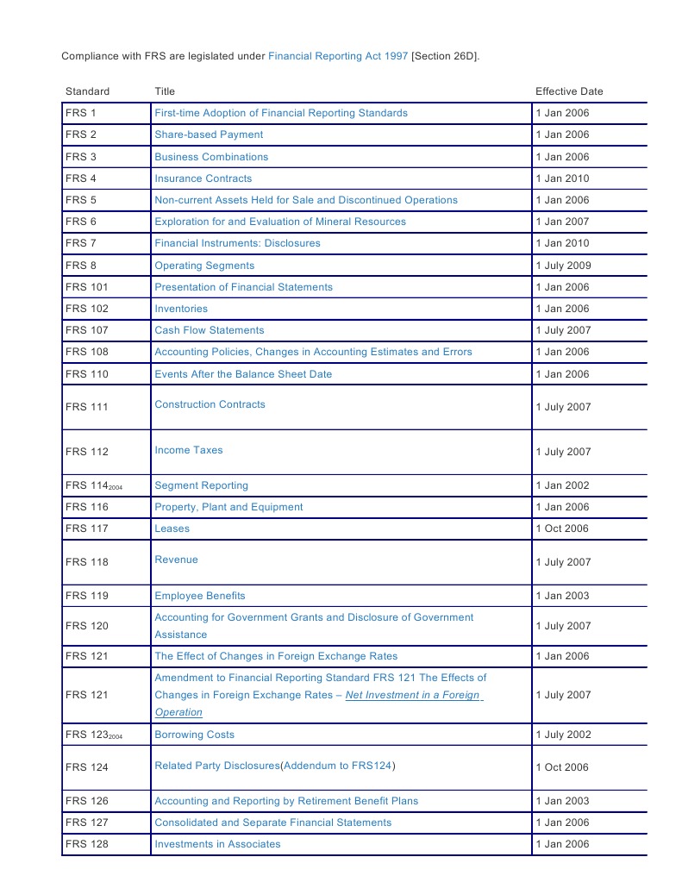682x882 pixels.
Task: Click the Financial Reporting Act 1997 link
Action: coord(338,56)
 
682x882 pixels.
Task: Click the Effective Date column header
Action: coord(569,91)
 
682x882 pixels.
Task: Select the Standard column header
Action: coord(87,91)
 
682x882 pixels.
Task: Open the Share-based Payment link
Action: coord(209,134)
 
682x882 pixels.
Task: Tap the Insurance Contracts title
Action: coord(203,178)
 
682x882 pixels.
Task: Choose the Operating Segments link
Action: coord(204,266)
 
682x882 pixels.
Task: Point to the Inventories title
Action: coord(181,309)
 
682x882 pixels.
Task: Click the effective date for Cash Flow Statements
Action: coord(563,330)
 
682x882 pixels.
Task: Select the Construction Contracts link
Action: coord(210,404)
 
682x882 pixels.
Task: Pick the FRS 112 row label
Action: coord(87,452)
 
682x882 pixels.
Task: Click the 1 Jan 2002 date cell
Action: coord(562,485)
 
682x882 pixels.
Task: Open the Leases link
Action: coord(172,529)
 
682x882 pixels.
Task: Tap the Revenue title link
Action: coord(176,560)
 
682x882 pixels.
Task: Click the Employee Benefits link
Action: coord(199,596)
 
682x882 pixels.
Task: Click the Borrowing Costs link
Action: coord(194,735)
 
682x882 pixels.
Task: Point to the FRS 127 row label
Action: coord(87,823)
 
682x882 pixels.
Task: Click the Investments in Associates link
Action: coord(217,844)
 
